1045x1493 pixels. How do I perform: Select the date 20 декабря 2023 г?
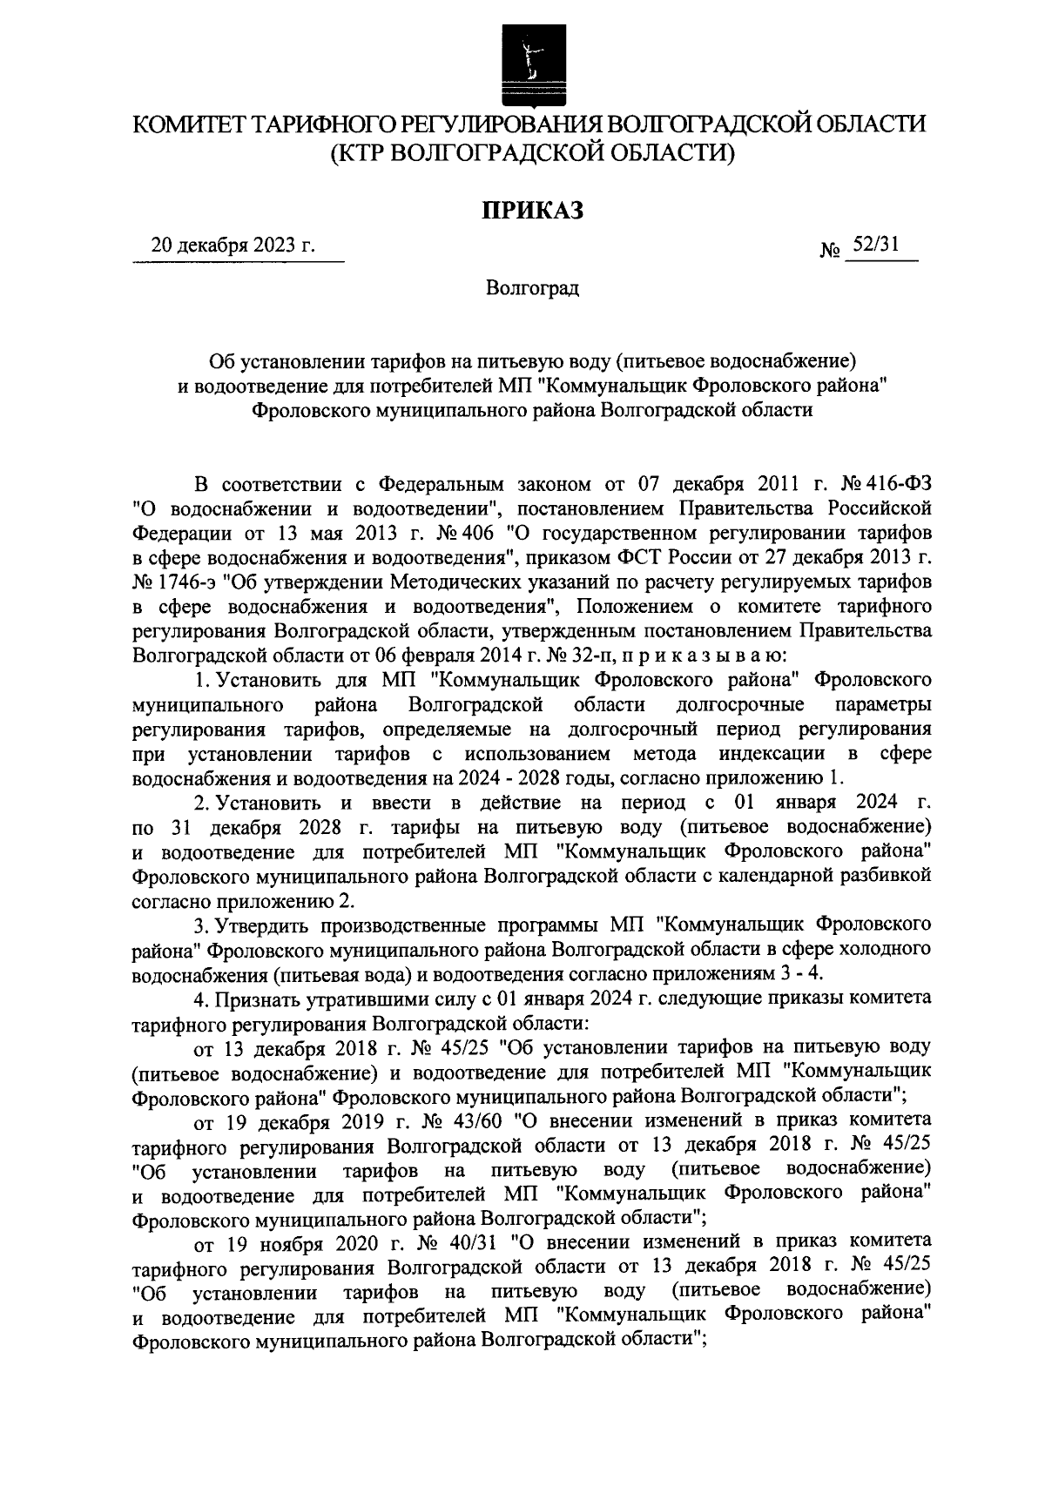pos(233,245)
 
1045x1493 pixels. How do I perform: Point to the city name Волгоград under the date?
pos(532,288)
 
